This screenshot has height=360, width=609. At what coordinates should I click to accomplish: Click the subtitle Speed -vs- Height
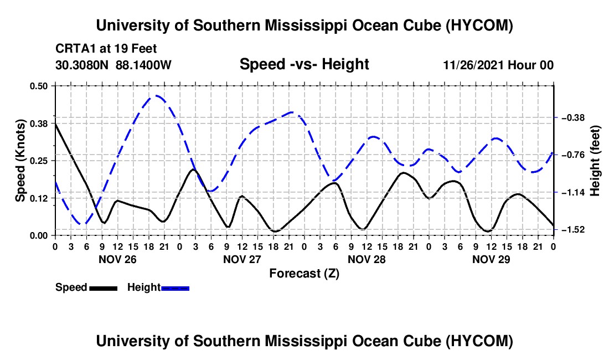coord(304,64)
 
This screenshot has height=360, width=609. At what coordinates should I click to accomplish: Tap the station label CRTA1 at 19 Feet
coord(106,49)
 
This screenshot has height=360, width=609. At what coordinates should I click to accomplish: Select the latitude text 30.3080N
coord(82,65)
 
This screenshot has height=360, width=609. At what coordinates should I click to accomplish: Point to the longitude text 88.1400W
coord(143,65)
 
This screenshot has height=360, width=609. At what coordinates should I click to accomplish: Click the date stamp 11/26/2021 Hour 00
coord(498,65)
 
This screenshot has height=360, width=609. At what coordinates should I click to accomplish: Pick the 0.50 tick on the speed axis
coord(39,86)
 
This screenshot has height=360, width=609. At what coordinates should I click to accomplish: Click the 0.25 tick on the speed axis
coord(39,161)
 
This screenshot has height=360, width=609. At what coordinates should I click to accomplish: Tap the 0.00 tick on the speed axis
coord(39,235)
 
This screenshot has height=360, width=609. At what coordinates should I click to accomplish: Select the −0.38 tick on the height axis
coord(573,117)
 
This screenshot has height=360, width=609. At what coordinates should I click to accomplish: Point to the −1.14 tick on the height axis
coord(573,192)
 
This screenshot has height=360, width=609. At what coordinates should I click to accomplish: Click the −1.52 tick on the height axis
coord(573,229)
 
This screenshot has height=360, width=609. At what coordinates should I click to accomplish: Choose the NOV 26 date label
coord(117,259)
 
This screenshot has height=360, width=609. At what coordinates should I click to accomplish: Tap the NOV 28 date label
coord(367,259)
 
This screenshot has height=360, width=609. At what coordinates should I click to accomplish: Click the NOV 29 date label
coord(491,259)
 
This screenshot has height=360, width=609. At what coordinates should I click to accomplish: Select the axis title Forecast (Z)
coord(304,274)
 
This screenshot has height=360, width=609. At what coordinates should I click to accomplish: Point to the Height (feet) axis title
coord(595,161)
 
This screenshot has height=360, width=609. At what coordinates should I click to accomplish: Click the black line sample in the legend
coord(104,288)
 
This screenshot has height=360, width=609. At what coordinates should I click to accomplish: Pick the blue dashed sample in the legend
coord(175,288)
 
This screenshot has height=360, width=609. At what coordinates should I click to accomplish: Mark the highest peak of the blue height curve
coord(156,95)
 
